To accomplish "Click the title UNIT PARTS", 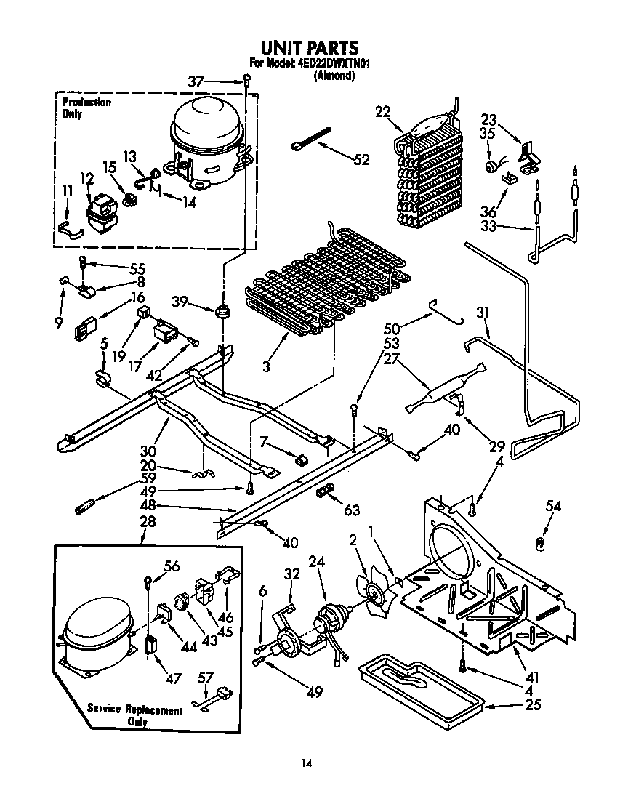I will pos(310,48).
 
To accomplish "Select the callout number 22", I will pos(383,111).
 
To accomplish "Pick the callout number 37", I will pos(196,81).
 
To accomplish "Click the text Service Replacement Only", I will pos(135,715).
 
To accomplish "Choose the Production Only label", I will pos(86,108).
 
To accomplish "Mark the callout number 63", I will pos(353,511).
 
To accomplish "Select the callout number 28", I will pos(147,522).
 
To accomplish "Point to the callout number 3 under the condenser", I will pos(267,368).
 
